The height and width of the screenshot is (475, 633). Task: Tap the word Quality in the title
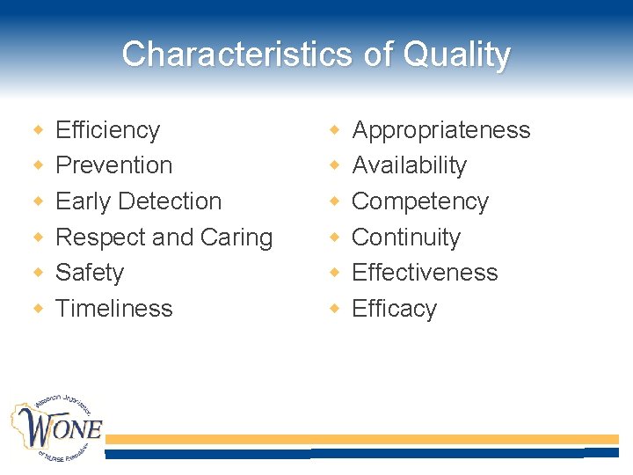[x=456, y=55]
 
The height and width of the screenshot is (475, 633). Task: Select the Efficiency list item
[x=107, y=130]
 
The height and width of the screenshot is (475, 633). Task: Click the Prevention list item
[x=113, y=165]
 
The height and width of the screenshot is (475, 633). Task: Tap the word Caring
[x=236, y=237]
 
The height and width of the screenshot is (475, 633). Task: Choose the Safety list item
[x=90, y=273]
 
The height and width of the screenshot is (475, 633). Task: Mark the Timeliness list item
[x=113, y=309]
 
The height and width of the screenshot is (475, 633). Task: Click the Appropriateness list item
[x=440, y=130]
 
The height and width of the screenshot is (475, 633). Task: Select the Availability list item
[x=409, y=165]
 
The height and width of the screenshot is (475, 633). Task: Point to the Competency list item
[x=419, y=201]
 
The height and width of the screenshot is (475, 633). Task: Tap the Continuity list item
[x=405, y=237]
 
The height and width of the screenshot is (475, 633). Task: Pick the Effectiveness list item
[x=425, y=273]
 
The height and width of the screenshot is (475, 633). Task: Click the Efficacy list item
[x=394, y=309]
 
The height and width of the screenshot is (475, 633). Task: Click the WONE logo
[x=56, y=428]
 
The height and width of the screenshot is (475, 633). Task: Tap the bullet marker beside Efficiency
[x=38, y=130]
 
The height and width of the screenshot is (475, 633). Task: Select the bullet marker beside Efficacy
[x=335, y=309]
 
